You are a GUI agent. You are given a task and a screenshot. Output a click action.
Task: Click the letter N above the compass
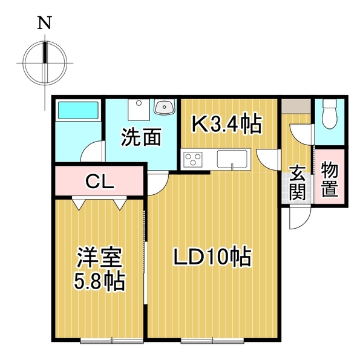pos(44,23)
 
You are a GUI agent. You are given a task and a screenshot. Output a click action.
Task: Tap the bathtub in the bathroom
pos(78,110)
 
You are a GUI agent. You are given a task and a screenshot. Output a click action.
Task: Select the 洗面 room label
pos(141,137)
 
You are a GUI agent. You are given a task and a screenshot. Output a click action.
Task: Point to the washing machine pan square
pos(139,110)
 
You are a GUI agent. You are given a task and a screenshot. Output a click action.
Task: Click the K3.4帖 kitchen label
pos(226,125)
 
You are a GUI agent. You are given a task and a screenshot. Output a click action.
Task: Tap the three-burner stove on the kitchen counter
pos(193,159)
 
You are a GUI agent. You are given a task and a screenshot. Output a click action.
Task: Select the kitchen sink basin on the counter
pos(232,159)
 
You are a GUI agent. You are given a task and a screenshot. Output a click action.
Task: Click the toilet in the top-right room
pos(330,114)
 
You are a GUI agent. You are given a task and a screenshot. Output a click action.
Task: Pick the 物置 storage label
pos(330,180)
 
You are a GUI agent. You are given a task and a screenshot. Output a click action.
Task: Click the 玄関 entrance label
pos(297,183)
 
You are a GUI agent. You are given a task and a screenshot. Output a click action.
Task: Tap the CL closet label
pos(100,181)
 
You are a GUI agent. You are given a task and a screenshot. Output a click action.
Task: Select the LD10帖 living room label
pos(212,257)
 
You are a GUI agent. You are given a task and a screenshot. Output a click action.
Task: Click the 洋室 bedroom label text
pos(100,258)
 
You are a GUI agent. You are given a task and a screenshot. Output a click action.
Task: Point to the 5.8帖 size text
pos(100,281)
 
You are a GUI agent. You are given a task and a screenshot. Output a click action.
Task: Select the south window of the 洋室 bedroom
pos(112,340)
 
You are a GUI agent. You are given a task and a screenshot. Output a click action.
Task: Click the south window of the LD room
pos(212,340)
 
